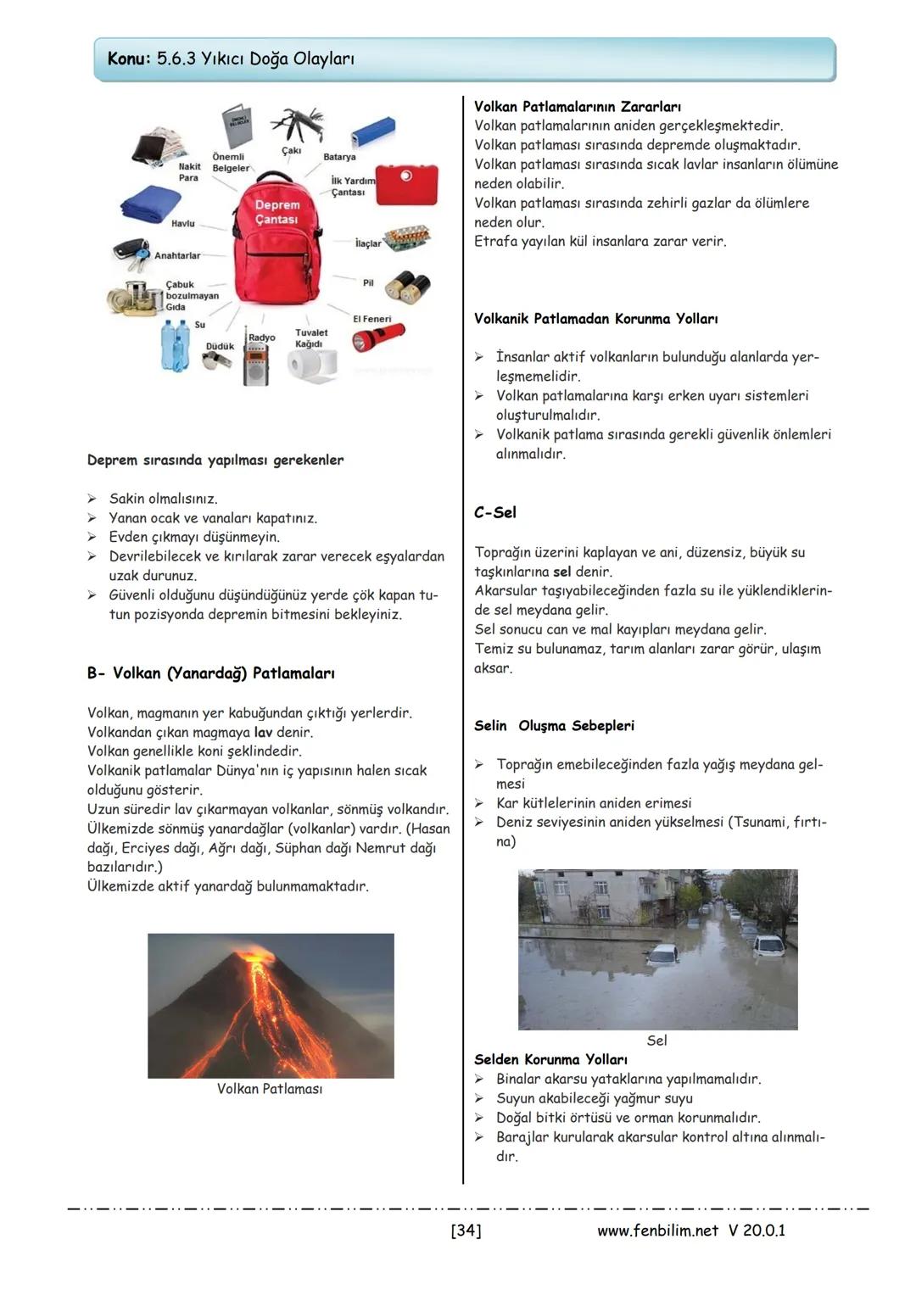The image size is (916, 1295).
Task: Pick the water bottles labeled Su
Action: tap(176, 344)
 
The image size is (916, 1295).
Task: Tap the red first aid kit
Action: tap(406, 184)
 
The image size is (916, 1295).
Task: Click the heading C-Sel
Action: tap(495, 513)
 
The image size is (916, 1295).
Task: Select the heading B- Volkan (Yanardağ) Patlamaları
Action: tap(210, 673)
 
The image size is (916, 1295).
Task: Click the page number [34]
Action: tap(466, 1231)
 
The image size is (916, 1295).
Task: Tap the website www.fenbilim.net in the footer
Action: tap(657, 1231)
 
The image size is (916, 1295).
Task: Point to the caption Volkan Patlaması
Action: tap(270, 1089)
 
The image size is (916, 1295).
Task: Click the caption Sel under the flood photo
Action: tap(656, 1041)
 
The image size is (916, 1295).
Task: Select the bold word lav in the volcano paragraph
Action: tap(263, 732)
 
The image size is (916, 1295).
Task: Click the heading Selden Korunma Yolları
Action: tap(550, 1060)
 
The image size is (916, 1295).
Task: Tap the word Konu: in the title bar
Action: tap(129, 59)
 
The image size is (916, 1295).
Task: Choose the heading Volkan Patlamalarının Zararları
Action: tap(577, 107)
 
